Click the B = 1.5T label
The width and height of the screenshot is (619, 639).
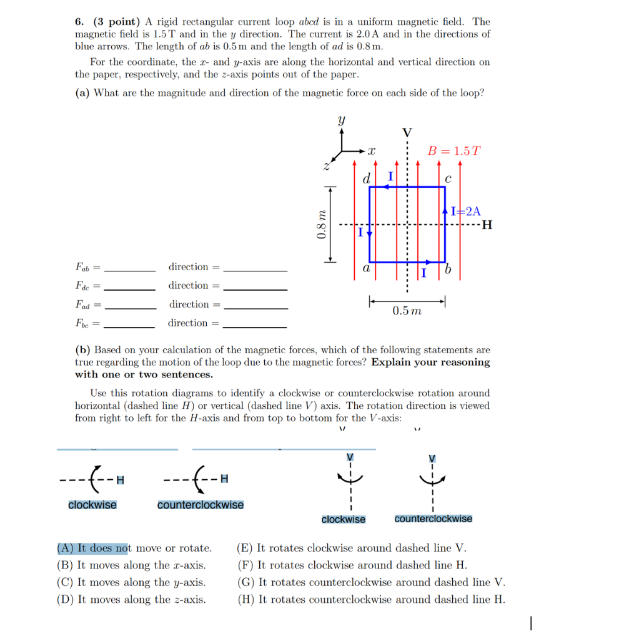[454, 151]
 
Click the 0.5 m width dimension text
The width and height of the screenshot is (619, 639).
[407, 311]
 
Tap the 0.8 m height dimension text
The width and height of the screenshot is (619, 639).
[321, 224]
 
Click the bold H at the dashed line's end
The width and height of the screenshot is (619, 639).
[487, 225]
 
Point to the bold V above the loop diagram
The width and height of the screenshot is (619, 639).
[407, 132]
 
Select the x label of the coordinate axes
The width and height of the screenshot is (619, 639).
[371, 151]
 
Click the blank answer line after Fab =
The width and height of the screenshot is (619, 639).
[130, 270]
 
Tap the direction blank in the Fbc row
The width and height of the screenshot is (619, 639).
[255, 326]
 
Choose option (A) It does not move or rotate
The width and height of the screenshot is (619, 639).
[134, 548]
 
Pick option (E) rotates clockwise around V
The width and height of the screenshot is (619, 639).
[351, 548]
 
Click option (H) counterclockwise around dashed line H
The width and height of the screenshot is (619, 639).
[371, 600]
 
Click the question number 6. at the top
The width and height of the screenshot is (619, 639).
[81, 21]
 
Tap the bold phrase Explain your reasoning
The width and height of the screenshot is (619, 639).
[430, 362]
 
